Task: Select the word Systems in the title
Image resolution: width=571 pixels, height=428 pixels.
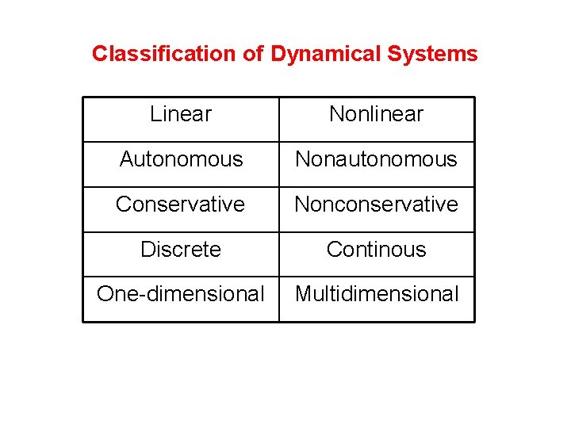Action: pos(432,54)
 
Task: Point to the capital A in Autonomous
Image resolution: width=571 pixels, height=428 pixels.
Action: pos(127,159)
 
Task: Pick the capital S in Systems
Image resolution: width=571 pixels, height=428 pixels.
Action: pos(393,54)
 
